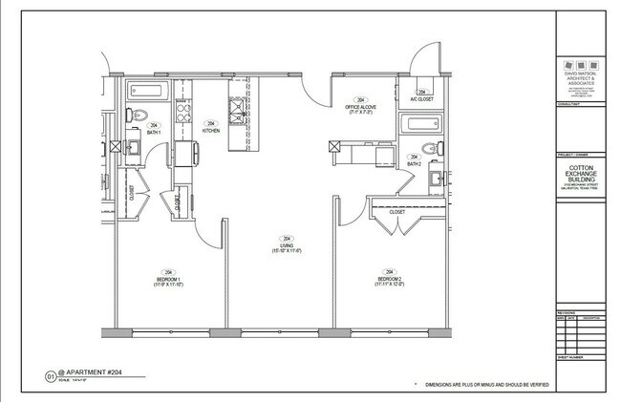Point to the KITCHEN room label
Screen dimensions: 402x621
coord(211,130)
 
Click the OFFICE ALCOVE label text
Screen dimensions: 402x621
coord(361,107)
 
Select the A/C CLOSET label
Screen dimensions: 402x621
coord(421,99)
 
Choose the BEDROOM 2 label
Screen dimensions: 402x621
coord(388,278)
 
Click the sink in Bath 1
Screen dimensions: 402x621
coord(135,146)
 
